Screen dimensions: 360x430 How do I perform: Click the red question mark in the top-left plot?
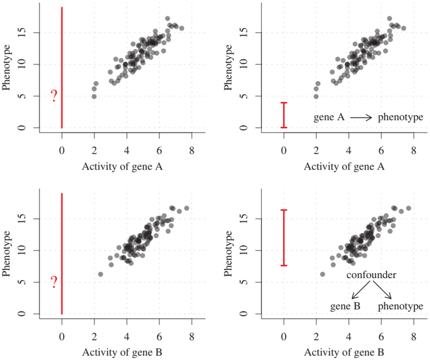click(x=54, y=96)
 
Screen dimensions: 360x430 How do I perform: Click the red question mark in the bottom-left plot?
click(x=54, y=282)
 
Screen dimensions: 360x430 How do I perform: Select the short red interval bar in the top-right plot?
click(x=284, y=115)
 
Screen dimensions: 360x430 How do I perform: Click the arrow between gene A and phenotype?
click(x=361, y=117)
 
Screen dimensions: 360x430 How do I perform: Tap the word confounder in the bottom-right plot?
click(x=372, y=275)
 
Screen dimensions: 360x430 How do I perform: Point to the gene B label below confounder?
click(x=345, y=307)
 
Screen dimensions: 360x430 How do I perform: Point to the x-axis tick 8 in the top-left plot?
click(x=192, y=151)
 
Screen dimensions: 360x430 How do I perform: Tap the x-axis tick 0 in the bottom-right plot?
click(x=284, y=337)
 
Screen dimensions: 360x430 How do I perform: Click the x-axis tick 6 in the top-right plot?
click(x=381, y=151)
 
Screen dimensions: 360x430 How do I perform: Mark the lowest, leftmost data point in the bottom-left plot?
click(x=100, y=274)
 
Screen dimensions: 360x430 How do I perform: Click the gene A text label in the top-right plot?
click(x=327, y=117)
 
